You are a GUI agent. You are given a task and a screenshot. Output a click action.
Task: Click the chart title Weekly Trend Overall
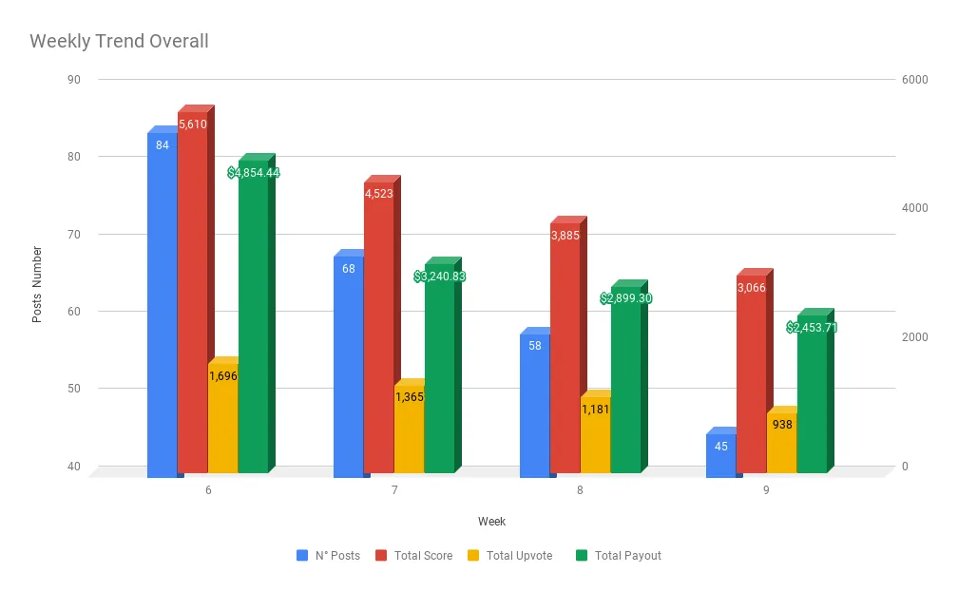119,42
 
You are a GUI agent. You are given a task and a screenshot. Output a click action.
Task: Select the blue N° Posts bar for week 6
163,304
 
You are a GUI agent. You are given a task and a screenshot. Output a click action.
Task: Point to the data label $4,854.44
254,173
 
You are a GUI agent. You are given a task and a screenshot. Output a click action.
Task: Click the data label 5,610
192,124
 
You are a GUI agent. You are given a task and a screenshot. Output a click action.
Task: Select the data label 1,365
409,396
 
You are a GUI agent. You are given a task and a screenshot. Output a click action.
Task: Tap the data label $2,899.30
626,298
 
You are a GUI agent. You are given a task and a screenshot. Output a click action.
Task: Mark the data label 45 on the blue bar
721,446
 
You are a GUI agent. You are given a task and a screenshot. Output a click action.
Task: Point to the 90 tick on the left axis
73,80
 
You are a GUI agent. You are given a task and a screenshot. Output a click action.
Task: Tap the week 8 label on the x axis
580,490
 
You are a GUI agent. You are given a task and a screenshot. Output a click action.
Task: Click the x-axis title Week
491,522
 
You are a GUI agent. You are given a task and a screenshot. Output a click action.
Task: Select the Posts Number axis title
37,284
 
